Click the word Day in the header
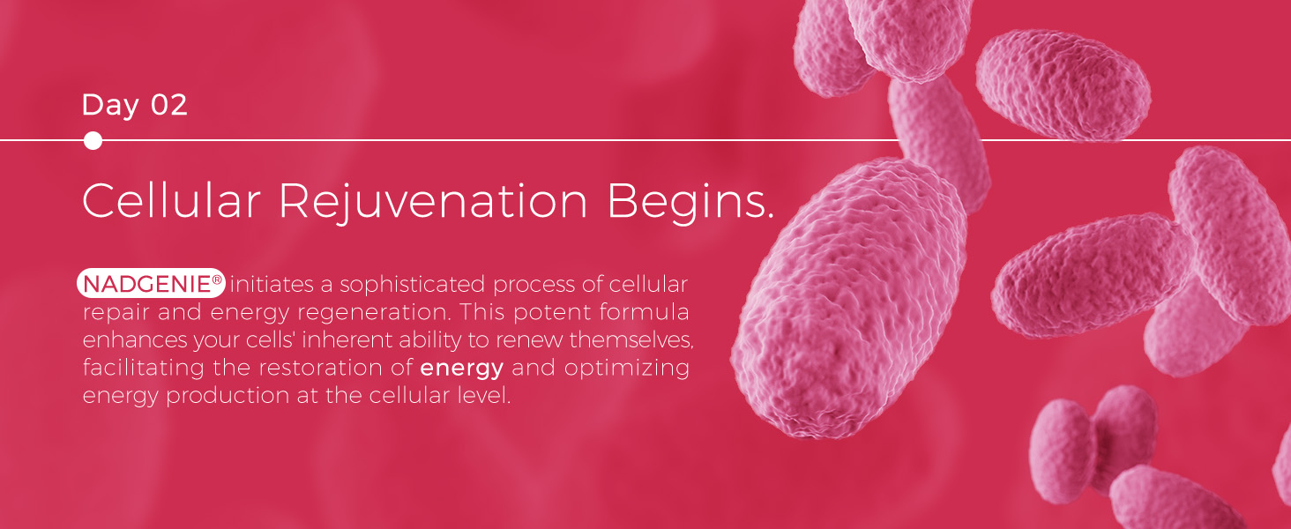tap(110, 106)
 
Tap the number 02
tap(168, 104)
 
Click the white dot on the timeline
tap(93, 140)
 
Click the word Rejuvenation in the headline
tap(433, 202)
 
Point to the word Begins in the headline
tap(689, 202)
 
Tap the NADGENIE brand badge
tap(151, 283)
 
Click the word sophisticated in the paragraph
tap(412, 285)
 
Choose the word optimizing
tap(626, 369)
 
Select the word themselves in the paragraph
tap(631, 339)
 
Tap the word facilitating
tap(143, 368)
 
